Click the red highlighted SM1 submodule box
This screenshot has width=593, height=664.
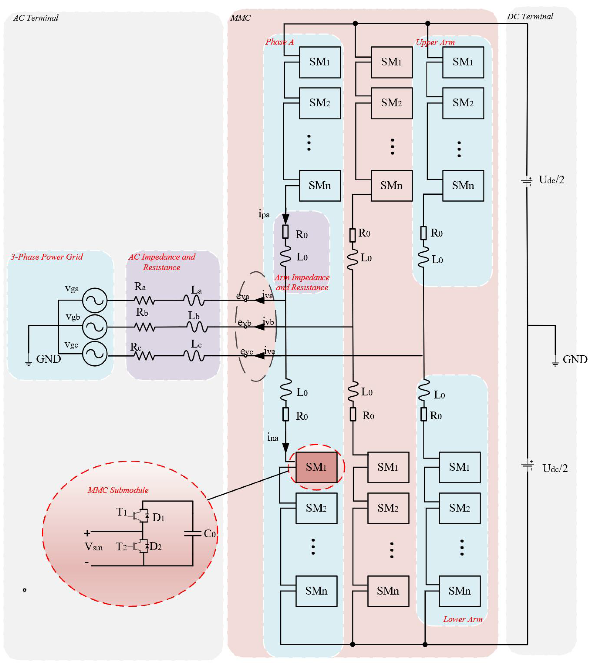pyautogui.click(x=316, y=467)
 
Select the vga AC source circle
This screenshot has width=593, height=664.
pyautogui.click(x=95, y=300)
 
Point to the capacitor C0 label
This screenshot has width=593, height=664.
pyautogui.click(x=210, y=533)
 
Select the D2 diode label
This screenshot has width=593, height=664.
pyautogui.click(x=156, y=546)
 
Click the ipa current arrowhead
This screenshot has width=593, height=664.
pyautogui.click(x=286, y=219)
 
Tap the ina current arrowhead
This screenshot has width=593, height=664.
pyautogui.click(x=286, y=447)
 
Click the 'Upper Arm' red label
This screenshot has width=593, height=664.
pyautogui.click(x=435, y=42)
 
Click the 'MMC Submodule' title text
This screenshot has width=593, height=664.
pyautogui.click(x=118, y=490)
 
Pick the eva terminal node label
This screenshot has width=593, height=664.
pyautogui.click(x=242, y=296)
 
